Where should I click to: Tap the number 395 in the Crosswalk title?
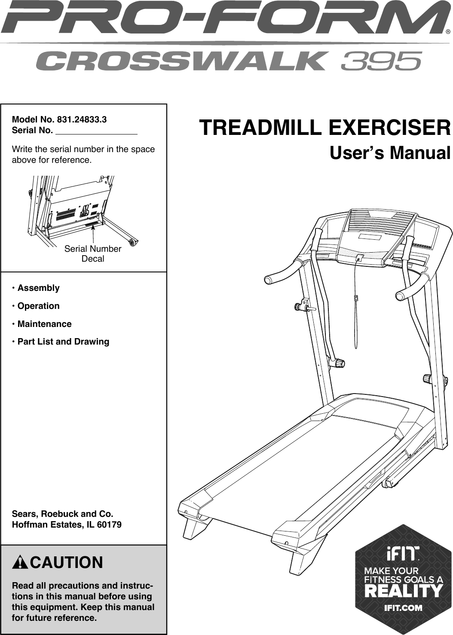tap(381, 61)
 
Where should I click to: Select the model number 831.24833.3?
tap(82, 119)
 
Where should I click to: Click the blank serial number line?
tap(96, 131)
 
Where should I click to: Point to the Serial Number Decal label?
tap(93, 253)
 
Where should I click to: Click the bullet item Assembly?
tap(38, 288)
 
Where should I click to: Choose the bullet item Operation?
tap(38, 306)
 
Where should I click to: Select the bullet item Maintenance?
tap(44, 324)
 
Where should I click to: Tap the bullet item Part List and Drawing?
tap(63, 342)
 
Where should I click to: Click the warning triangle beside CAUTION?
tap(20, 562)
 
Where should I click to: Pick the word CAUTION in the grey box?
tap(67, 562)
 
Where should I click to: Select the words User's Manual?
tap(390, 153)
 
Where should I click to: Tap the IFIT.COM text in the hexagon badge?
tap(403, 608)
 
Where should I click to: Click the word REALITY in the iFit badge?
tap(403, 591)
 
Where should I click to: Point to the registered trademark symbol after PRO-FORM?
tap(448, 31)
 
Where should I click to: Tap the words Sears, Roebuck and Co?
tap(63, 514)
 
